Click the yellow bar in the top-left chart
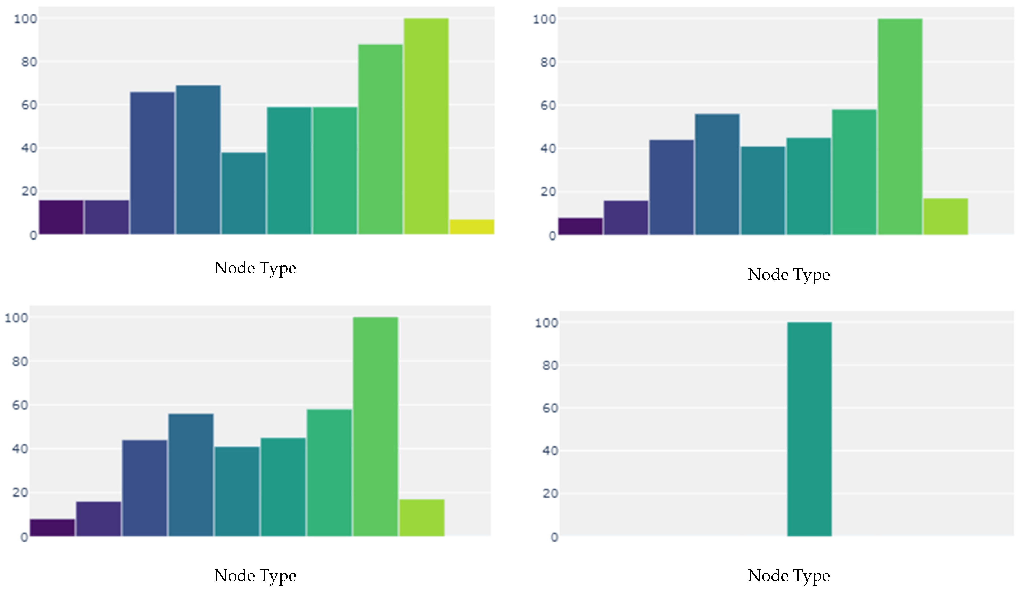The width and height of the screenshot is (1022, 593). pos(472,227)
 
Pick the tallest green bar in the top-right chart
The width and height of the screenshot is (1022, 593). pos(900,126)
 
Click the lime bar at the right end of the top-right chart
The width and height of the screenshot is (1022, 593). pos(945,217)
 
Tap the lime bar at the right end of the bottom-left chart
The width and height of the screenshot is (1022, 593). pos(422,518)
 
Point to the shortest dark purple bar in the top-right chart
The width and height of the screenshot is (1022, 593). pos(580,227)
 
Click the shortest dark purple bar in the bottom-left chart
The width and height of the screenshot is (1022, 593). pos(52,528)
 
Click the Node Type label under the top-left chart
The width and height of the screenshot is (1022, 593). pos(255,268)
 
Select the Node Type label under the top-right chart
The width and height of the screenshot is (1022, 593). pos(788,275)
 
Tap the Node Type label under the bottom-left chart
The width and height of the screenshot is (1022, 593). pos(255,576)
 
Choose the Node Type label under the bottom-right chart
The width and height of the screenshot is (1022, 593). pos(788,576)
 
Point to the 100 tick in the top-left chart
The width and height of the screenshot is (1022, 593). pos(25,19)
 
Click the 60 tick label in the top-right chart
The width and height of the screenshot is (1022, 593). pos(548,105)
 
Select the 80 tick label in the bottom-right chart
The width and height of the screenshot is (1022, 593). pos(550,366)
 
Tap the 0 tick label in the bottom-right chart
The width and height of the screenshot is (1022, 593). pos(554,537)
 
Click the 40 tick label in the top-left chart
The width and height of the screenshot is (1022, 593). pos(29,148)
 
